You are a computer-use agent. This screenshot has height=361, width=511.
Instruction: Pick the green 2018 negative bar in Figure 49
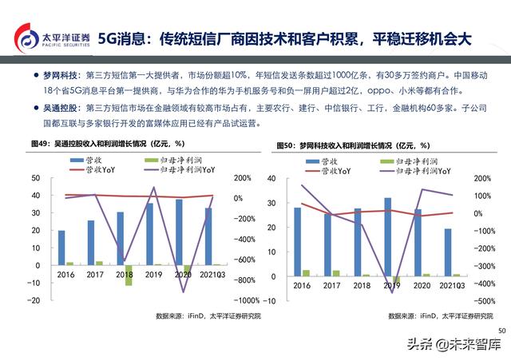129,274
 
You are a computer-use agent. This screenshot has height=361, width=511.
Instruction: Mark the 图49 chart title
109,145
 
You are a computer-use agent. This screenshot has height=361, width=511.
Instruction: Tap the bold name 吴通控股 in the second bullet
61,105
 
